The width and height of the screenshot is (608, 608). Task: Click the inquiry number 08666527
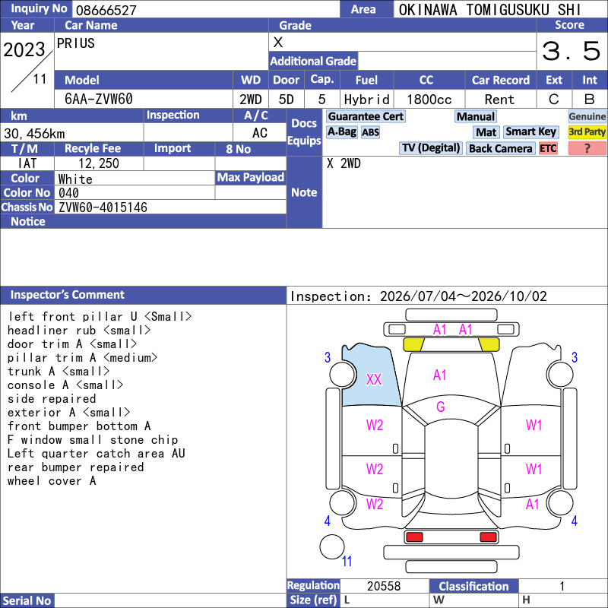[x=106, y=10]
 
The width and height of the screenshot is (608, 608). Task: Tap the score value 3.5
[x=572, y=51]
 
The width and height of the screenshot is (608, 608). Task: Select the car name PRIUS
[x=75, y=43]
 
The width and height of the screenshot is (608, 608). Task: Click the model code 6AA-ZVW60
[x=99, y=100]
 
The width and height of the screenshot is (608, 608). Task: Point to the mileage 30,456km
[x=34, y=134]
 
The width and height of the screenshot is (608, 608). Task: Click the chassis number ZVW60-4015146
[x=103, y=207]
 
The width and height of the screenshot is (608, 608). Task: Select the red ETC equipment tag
[x=548, y=148]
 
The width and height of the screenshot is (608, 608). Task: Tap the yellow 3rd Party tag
[x=587, y=131]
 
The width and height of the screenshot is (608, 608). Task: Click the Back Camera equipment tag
[x=500, y=148]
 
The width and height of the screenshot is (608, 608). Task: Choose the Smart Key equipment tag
[x=531, y=131]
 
